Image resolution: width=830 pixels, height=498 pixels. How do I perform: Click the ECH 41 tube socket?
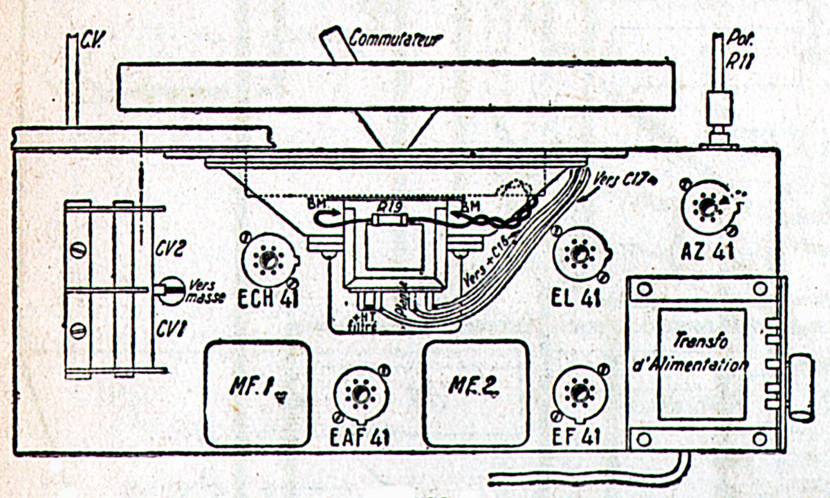click(x=268, y=260)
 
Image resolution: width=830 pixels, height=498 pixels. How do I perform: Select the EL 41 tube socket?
click(x=580, y=254)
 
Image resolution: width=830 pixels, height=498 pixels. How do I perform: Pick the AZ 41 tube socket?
click(x=708, y=206)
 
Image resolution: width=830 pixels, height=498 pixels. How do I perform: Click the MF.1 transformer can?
click(x=256, y=392)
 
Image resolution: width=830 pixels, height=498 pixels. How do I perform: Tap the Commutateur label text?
click(x=394, y=37)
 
